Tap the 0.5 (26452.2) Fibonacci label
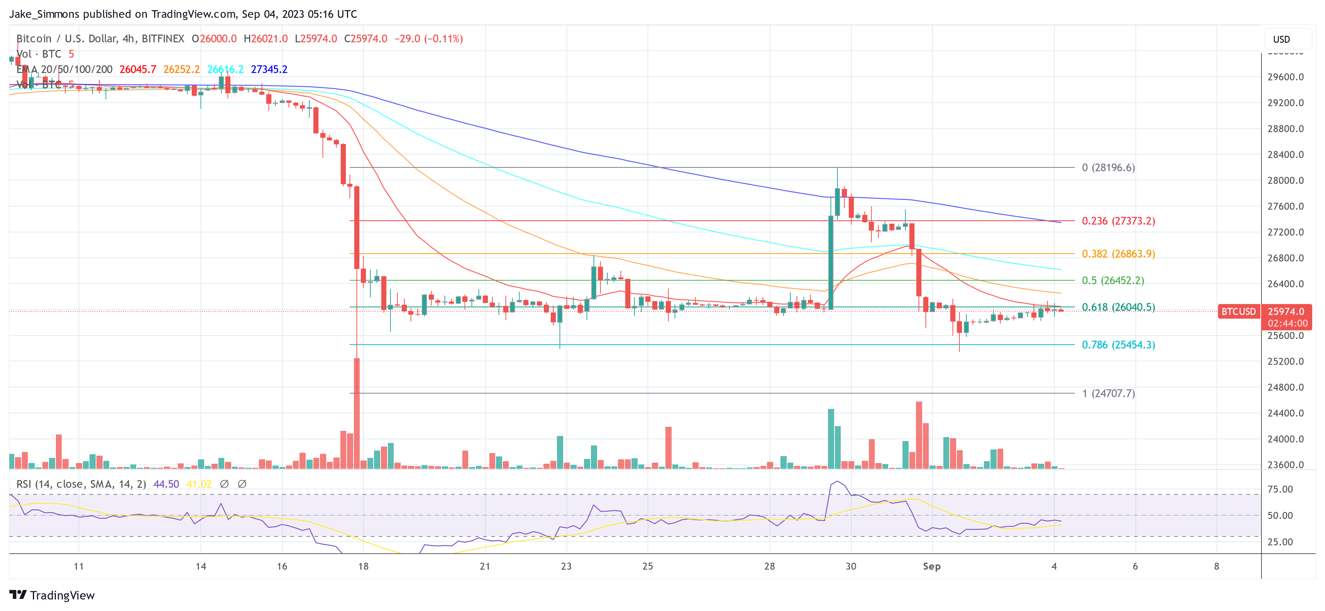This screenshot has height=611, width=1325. click(x=1112, y=281)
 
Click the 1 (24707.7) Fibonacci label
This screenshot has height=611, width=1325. click(x=1108, y=393)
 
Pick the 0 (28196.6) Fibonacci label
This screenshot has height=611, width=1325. click(x=1108, y=168)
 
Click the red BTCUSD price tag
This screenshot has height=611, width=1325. click(x=1238, y=311)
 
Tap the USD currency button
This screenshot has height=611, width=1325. click(x=1281, y=39)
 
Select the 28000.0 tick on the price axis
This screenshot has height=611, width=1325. click(x=1285, y=181)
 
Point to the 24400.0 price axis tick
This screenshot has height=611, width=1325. click(x=1285, y=413)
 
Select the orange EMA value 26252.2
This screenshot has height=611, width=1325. click(x=181, y=69)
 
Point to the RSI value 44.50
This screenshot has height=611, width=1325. click(x=166, y=484)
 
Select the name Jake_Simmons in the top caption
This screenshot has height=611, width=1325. click(x=44, y=14)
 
